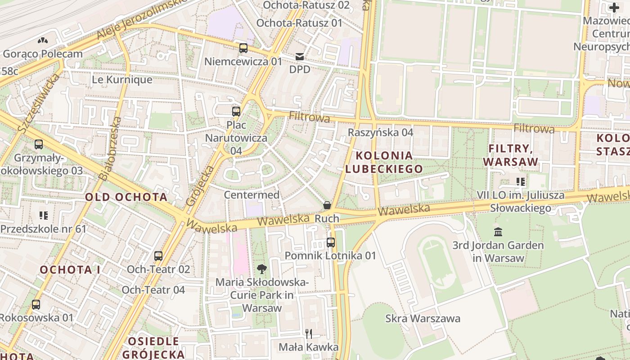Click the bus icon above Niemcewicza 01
point(243,48)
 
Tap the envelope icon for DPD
point(300,57)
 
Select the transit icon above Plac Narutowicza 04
point(236,111)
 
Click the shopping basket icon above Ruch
point(327,205)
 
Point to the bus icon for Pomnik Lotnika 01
point(331,243)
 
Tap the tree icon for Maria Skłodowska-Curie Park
point(261,269)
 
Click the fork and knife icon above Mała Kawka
point(309,333)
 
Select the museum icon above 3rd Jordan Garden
point(498,232)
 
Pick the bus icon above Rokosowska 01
point(36,305)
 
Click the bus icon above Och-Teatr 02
point(158,256)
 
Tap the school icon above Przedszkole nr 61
point(43,216)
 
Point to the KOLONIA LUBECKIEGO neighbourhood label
point(384,162)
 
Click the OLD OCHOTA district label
point(126,197)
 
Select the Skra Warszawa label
point(423,319)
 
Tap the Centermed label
point(252,195)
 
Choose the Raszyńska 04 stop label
point(380,132)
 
